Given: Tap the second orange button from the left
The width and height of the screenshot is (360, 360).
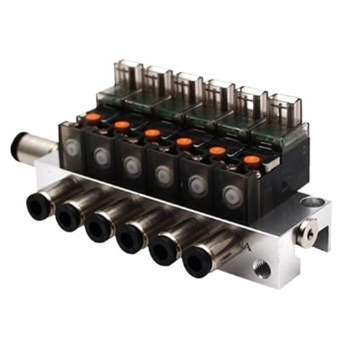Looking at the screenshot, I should tap(122, 125).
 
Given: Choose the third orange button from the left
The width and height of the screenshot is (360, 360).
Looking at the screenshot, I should tap(152, 133).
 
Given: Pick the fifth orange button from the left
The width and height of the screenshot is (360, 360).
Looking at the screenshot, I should tap(217, 151).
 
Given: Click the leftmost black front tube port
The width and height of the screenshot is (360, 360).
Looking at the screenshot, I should tap(37, 206).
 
